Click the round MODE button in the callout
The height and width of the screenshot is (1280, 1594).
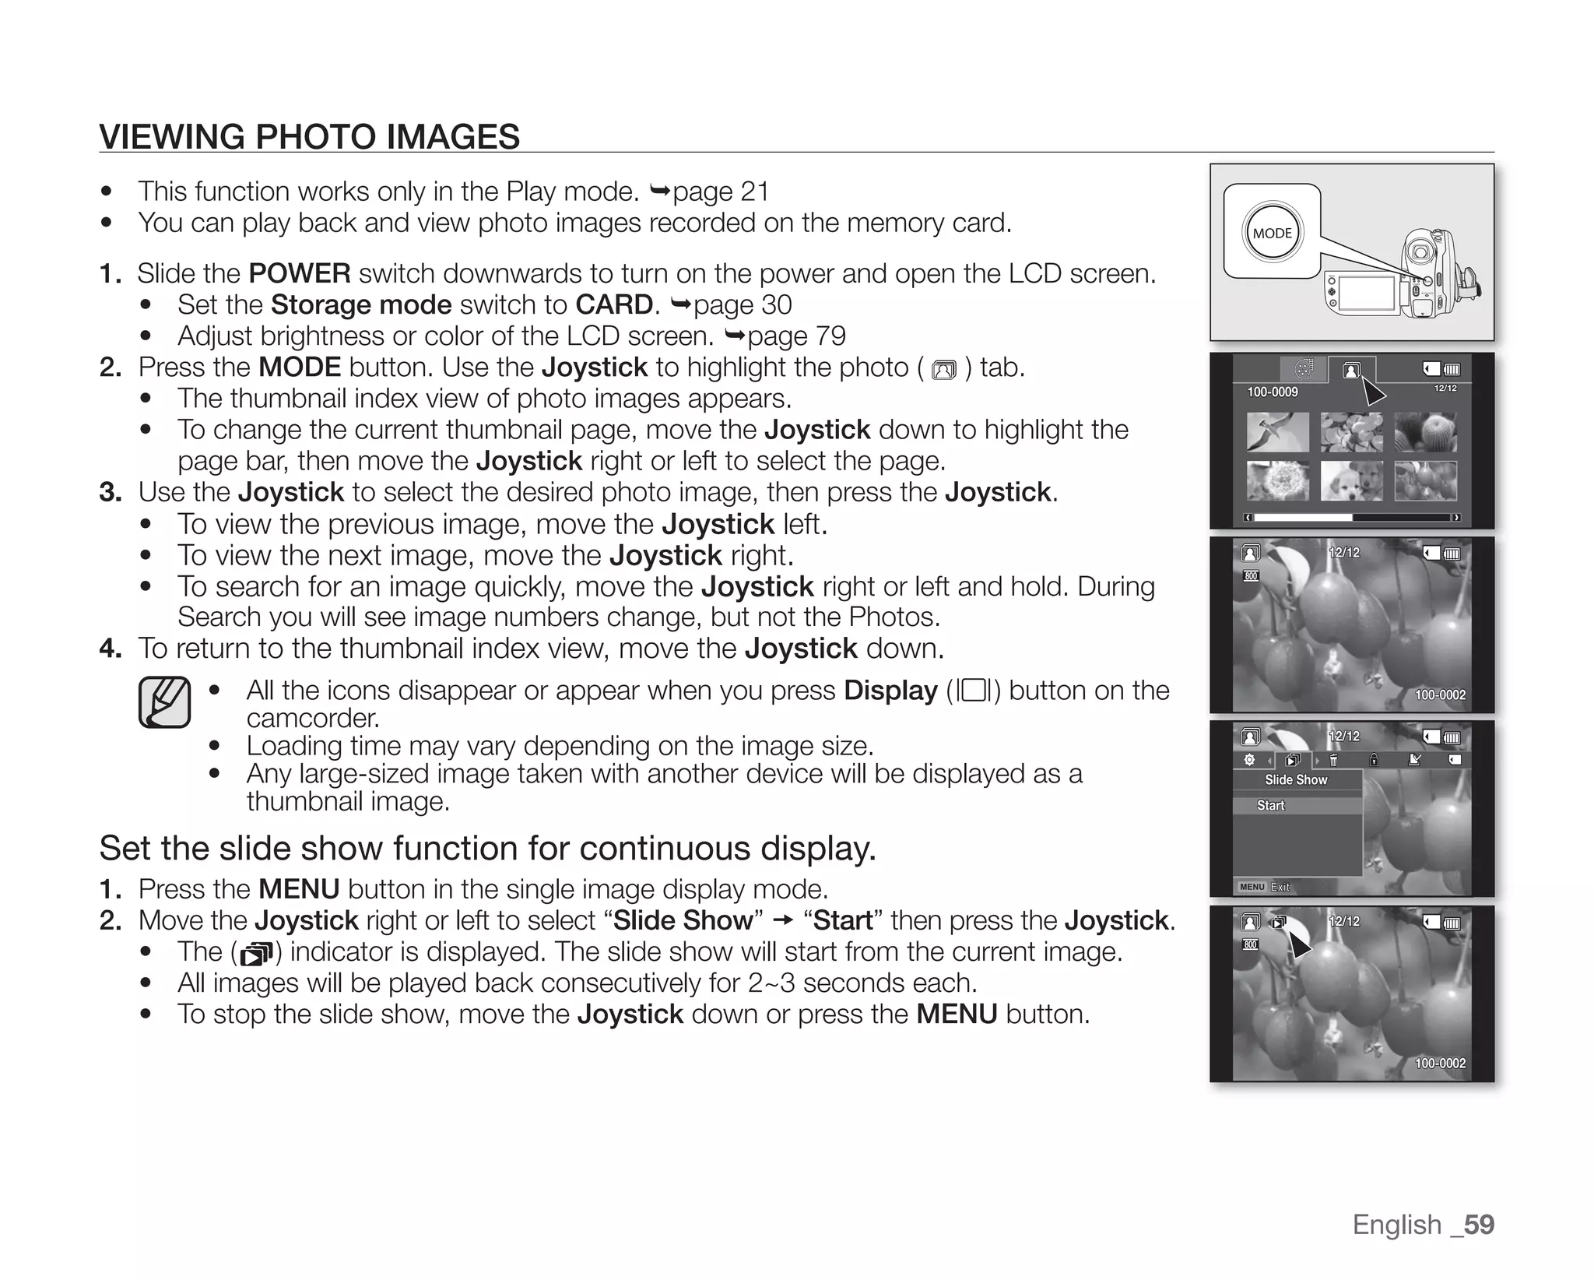click(1273, 232)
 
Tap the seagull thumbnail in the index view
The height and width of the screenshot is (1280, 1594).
click(1276, 432)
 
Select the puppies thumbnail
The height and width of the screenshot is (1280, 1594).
click(1351, 480)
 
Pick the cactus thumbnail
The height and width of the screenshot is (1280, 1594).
click(1425, 432)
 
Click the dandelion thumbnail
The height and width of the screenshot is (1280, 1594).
click(1276, 480)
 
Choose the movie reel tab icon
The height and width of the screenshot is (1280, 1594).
click(1304, 369)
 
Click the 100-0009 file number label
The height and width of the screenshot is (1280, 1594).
click(1273, 392)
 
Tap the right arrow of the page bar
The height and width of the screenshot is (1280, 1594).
click(1456, 518)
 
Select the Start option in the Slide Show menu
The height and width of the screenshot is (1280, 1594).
click(1271, 806)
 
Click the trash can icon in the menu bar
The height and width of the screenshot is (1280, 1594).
click(1334, 760)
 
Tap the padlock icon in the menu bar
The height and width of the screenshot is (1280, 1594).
click(1375, 760)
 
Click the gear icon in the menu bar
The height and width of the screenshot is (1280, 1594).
click(1249, 760)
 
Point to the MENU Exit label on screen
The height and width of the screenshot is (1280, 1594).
click(1264, 887)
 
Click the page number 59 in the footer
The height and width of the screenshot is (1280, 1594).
click(1479, 1225)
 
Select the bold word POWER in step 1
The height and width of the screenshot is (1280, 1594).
click(300, 274)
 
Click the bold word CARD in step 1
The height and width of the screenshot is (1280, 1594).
click(614, 305)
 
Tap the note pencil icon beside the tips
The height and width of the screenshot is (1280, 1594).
click(165, 702)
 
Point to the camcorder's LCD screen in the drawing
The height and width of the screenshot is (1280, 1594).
click(1367, 293)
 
